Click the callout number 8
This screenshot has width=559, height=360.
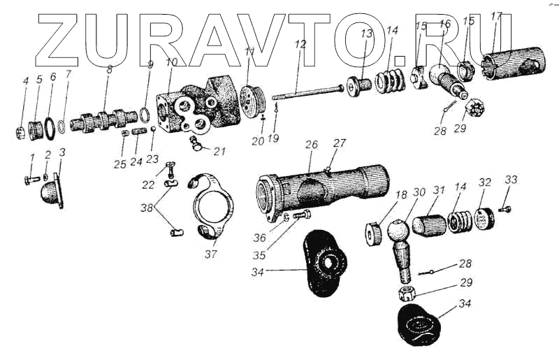109,69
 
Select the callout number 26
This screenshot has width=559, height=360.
312,145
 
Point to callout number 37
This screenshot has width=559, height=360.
210,254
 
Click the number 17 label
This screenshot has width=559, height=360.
496,15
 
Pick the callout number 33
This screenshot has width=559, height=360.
511,180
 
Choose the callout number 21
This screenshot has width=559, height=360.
220,151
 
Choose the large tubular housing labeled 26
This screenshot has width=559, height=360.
325,185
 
